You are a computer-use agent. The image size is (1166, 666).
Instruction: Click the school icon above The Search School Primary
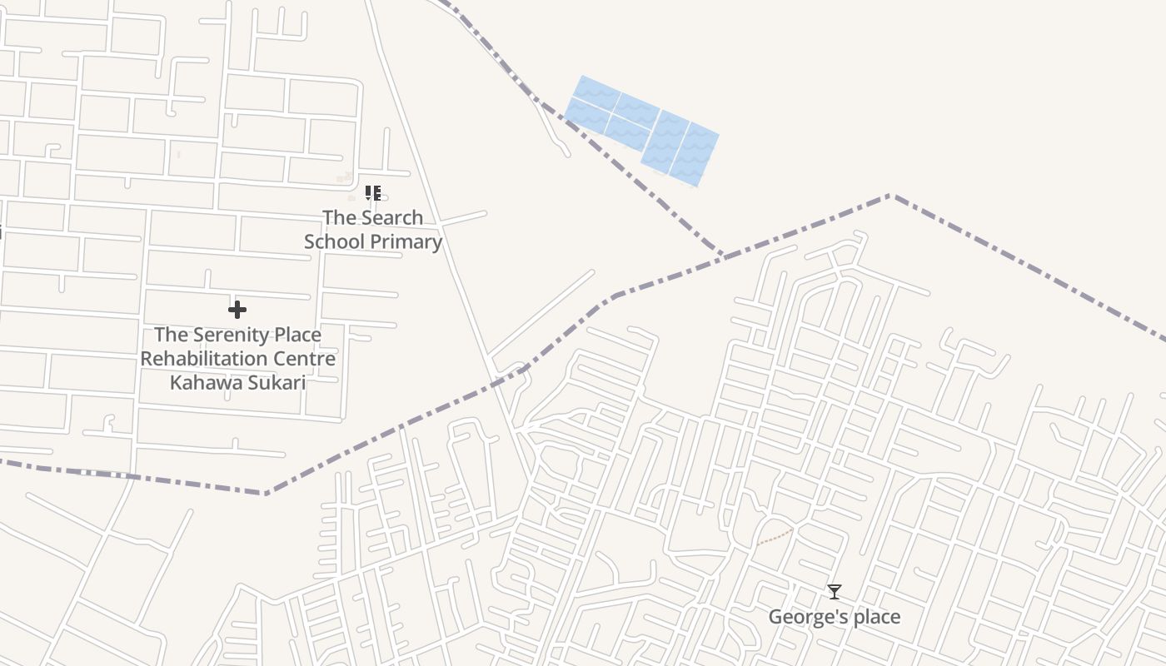(x=372, y=193)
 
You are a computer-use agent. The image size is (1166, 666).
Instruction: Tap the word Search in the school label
(x=391, y=218)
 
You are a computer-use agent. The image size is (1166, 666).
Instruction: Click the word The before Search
(x=339, y=218)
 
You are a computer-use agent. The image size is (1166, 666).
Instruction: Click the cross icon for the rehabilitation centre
(x=237, y=311)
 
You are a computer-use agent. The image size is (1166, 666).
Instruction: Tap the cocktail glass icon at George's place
(x=834, y=592)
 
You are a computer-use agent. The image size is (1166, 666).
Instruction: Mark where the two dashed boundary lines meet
(x=724, y=255)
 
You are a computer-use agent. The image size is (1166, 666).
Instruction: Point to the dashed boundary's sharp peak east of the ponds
(x=889, y=196)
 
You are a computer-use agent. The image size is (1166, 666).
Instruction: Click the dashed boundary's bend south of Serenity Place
(x=267, y=493)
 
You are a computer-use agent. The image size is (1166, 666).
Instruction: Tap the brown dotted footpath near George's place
(x=775, y=536)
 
